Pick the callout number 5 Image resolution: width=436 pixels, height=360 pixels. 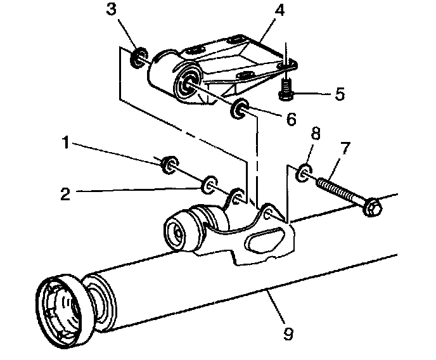coord(340,95)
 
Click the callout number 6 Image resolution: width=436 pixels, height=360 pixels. coord(291,119)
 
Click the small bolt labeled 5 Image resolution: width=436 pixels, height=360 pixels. coord(286,92)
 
